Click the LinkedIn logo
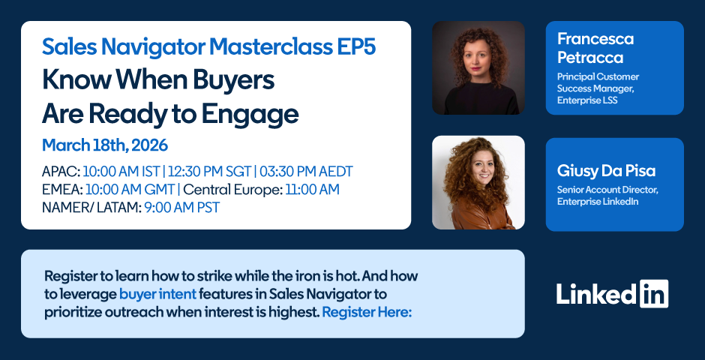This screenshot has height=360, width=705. click(x=613, y=294)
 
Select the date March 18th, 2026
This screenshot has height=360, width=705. click(x=105, y=145)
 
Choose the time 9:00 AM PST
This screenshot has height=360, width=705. click(x=182, y=208)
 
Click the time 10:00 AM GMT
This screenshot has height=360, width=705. click(x=130, y=190)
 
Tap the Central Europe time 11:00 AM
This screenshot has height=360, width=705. click(x=312, y=190)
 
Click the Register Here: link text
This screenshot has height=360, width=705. click(x=367, y=312)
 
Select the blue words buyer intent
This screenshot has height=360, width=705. click(x=157, y=295)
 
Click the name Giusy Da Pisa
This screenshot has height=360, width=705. click(x=606, y=171)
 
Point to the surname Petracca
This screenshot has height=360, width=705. click(x=590, y=58)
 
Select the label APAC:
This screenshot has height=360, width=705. click(x=61, y=172)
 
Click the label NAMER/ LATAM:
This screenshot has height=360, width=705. click(x=91, y=208)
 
